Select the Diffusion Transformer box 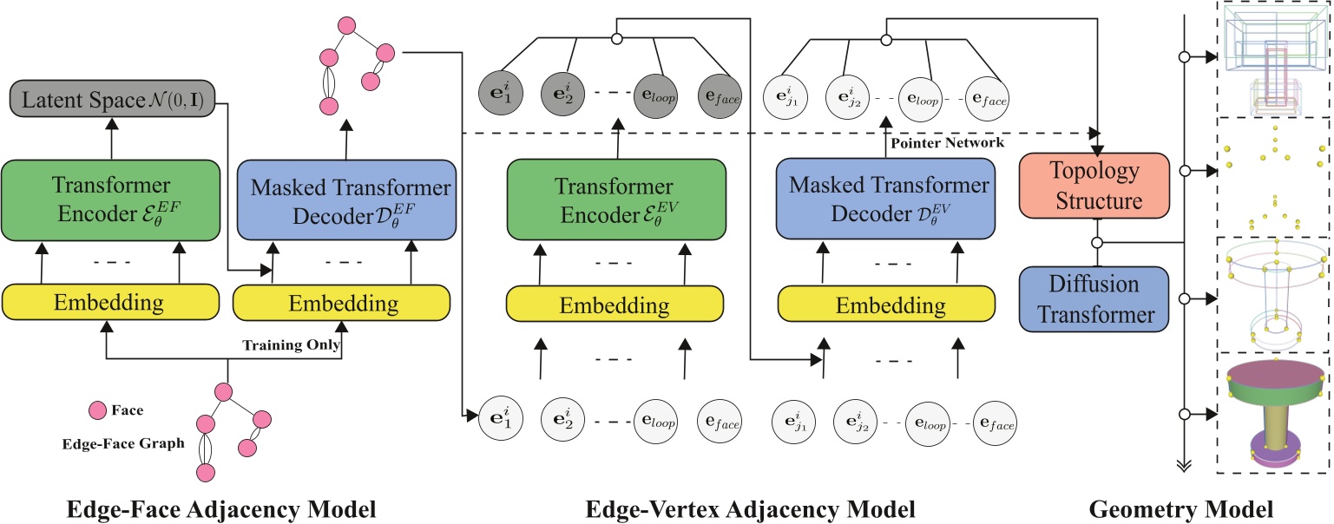(x=1096, y=298)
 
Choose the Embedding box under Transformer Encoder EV (x=614, y=305)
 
